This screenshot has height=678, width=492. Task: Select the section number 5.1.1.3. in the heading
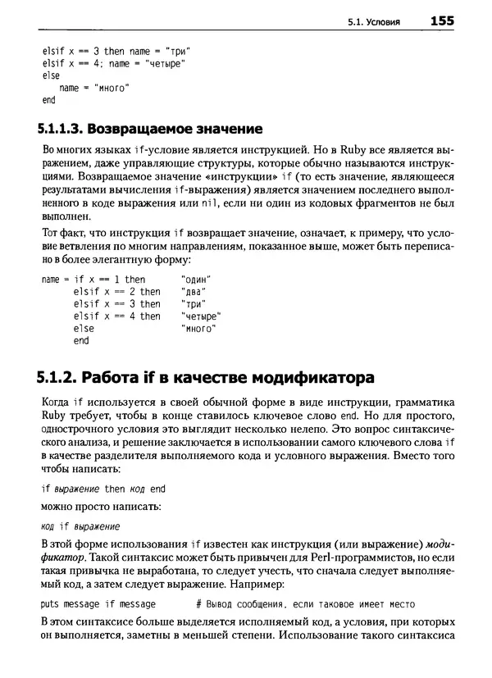(59, 129)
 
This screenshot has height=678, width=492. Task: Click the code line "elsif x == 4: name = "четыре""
(113, 62)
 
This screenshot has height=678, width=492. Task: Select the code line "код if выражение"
(80, 526)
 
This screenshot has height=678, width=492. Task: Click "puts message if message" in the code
(98, 603)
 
